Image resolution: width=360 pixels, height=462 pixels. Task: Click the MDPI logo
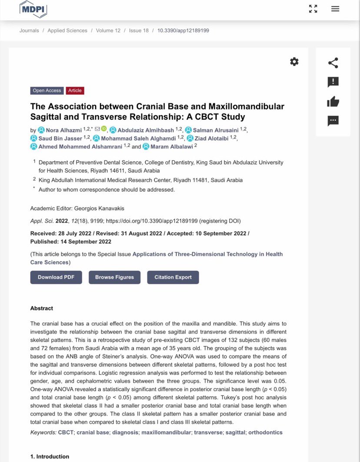coord(33,9)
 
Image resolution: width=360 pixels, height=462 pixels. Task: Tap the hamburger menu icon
coord(335,9)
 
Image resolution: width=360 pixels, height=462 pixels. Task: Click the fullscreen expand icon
coord(313,9)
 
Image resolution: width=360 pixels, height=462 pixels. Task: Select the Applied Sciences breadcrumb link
coord(67,30)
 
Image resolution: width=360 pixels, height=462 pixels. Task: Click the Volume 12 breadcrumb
coord(108,30)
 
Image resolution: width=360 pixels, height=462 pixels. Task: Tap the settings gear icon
coord(294,62)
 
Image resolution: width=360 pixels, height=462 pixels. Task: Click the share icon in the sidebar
coord(333,63)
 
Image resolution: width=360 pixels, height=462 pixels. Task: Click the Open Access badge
coord(47,90)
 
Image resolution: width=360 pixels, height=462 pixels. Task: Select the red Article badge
coord(75,90)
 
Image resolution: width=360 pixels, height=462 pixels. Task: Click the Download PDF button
coord(56,277)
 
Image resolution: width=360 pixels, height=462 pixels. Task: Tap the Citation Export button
coord(173,277)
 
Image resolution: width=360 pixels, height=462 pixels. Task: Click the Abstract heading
coord(42,308)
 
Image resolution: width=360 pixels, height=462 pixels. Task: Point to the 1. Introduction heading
coord(50,456)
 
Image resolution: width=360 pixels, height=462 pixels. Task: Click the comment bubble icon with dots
coord(333,121)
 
